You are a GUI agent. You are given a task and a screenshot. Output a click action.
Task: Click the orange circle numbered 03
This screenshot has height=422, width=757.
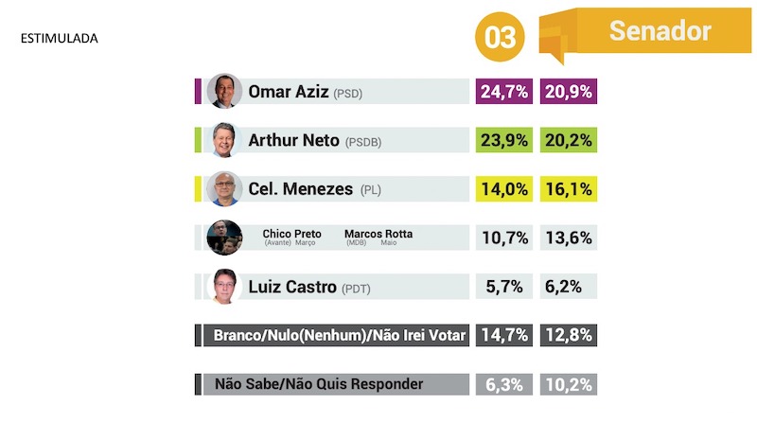click(500, 37)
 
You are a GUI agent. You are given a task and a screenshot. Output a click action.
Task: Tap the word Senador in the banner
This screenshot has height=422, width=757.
click(660, 31)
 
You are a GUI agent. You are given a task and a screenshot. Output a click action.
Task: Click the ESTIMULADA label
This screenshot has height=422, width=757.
click(60, 40)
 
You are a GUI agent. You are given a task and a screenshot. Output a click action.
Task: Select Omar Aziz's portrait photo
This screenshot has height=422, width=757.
click(224, 92)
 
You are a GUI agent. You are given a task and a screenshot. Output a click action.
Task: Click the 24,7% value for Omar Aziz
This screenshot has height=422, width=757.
click(503, 92)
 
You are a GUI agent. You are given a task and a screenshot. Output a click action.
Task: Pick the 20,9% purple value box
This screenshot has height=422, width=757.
click(569, 92)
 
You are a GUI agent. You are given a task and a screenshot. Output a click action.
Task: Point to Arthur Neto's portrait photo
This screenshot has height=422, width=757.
click(224, 140)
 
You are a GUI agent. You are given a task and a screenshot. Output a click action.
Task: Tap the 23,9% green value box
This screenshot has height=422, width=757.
click(503, 140)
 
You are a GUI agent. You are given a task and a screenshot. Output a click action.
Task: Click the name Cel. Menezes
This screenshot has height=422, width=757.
click(301, 189)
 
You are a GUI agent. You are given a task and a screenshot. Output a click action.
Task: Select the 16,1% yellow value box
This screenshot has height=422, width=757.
click(569, 189)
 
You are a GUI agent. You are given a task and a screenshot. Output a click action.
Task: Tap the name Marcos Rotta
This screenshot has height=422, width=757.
click(378, 234)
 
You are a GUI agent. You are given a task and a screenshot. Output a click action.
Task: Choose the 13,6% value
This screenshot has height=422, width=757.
click(569, 237)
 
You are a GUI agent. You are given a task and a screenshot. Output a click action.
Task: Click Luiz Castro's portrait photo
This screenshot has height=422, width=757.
click(224, 287)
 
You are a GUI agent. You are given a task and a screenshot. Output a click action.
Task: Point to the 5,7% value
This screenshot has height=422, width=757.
click(503, 287)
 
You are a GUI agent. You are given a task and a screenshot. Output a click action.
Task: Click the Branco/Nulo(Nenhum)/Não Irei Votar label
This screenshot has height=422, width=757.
click(341, 335)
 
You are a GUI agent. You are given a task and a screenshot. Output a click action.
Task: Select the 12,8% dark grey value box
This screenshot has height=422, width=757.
click(569, 335)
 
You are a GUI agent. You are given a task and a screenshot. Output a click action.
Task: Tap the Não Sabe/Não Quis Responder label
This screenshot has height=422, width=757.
click(318, 384)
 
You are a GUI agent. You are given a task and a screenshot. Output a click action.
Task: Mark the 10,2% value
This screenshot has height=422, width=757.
click(569, 384)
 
